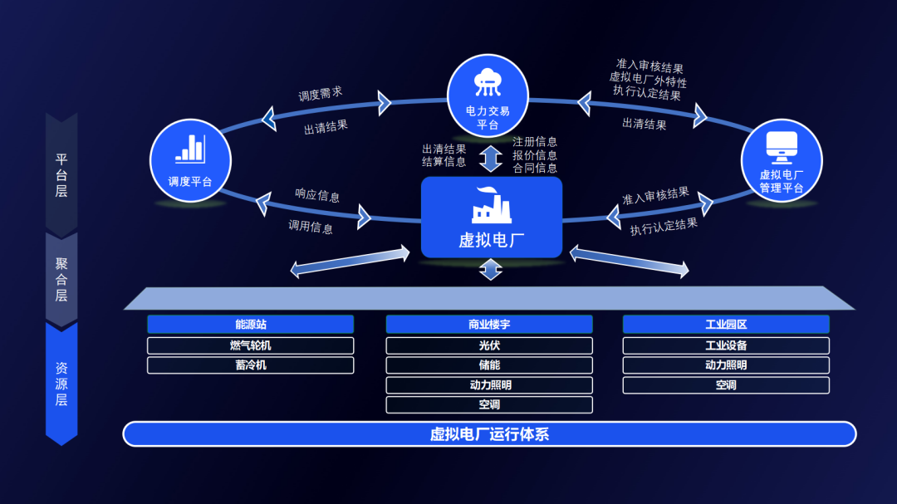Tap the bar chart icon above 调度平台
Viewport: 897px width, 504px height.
click(x=189, y=149)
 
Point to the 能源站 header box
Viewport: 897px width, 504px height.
click(x=250, y=325)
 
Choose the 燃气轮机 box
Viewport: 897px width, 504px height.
click(x=250, y=345)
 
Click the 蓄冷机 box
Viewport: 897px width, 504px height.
click(x=250, y=365)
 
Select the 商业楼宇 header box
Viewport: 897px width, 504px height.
click(x=489, y=325)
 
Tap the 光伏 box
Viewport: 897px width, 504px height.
click(x=489, y=345)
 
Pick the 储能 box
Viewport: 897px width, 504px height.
click(x=489, y=365)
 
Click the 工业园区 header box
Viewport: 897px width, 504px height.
click(x=726, y=325)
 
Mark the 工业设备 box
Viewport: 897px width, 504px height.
click(x=726, y=345)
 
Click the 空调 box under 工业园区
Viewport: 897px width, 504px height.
click(x=726, y=385)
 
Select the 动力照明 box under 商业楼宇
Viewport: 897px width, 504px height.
click(x=489, y=385)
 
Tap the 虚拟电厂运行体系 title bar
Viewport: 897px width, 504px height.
click(x=489, y=434)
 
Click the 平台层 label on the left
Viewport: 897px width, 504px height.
click(x=61, y=174)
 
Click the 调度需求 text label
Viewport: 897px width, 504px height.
click(x=321, y=94)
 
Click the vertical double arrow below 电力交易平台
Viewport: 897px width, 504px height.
click(x=491, y=158)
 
